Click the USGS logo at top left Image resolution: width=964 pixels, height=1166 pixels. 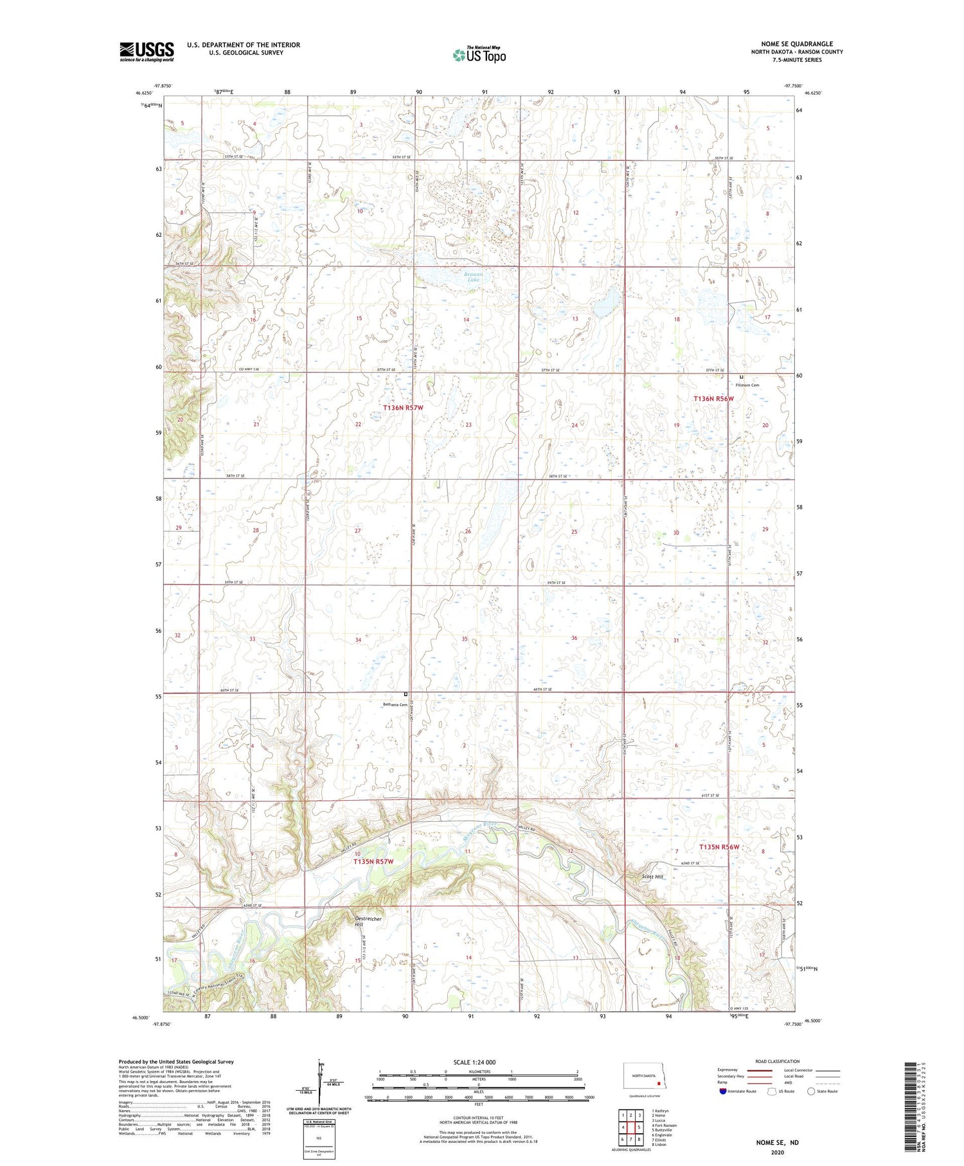click(x=147, y=51)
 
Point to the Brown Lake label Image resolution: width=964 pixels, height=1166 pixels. click(x=473, y=277)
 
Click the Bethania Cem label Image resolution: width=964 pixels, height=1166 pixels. click(x=395, y=704)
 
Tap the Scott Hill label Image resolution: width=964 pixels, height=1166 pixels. click(x=652, y=876)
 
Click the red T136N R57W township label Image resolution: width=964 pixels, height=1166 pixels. click(x=403, y=408)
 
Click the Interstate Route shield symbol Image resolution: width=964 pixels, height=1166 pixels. click(x=723, y=1091)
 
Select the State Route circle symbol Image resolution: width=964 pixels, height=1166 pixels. click(x=811, y=1091)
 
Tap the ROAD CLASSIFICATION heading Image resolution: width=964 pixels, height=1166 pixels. click(x=778, y=1061)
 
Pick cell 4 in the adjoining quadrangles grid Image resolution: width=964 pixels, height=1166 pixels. click(x=623, y=1127)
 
